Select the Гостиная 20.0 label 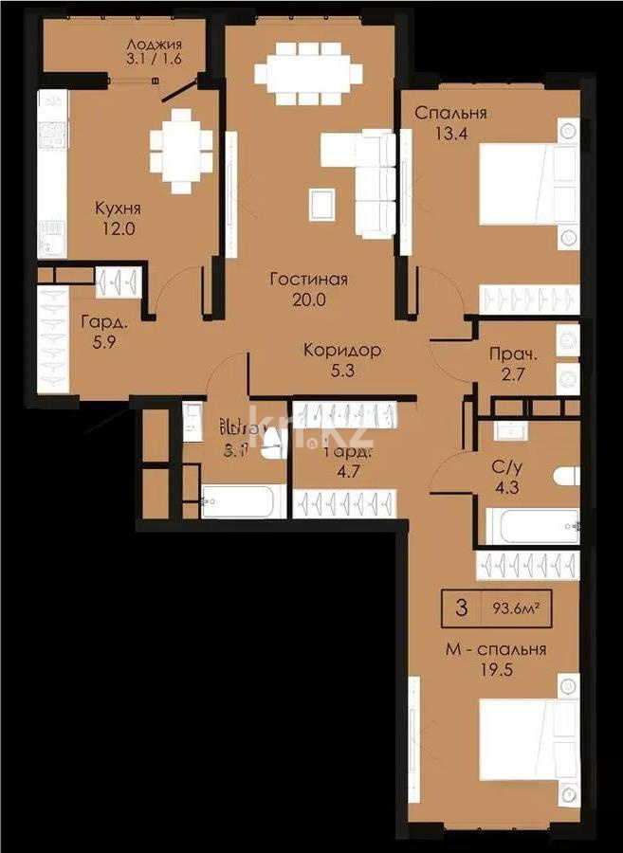(x=308, y=289)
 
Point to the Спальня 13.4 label (x=450, y=122)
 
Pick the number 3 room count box (x=462, y=608)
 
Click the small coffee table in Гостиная (x=321, y=201)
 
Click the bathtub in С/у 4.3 (x=531, y=526)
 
